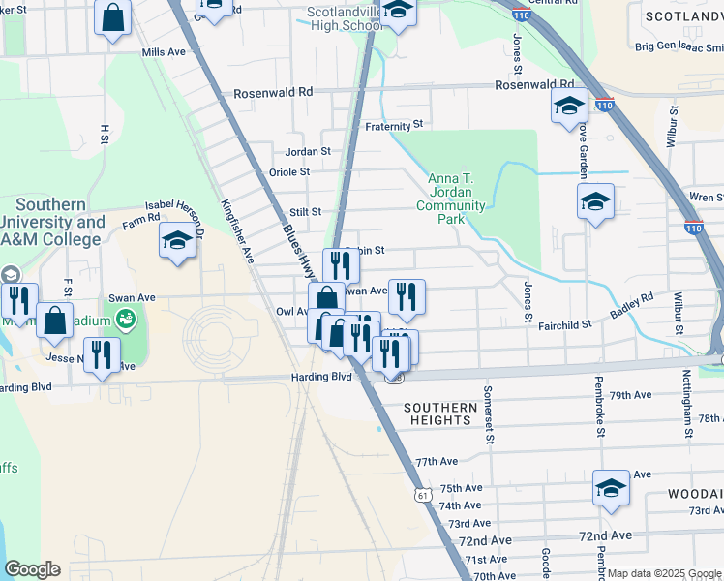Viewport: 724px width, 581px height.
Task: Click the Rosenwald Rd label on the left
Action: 273,92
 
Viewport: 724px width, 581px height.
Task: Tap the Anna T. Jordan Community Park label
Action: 451,198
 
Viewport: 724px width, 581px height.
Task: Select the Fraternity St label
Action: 394,125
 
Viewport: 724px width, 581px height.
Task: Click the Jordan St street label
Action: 308,151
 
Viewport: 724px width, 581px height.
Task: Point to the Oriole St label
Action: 288,172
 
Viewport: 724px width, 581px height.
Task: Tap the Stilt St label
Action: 304,211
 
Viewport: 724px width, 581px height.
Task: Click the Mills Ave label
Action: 163,51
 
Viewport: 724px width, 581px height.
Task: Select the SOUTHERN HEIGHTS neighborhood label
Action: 440,414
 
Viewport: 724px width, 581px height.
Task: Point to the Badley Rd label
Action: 632,308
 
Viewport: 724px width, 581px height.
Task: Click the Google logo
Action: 32,569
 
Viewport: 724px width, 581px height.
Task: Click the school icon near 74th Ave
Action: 611,489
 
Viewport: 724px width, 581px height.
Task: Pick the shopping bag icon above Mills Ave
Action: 113,17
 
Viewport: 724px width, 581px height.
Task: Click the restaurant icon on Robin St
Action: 341,265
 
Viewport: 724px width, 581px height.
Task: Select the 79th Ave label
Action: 632,395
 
